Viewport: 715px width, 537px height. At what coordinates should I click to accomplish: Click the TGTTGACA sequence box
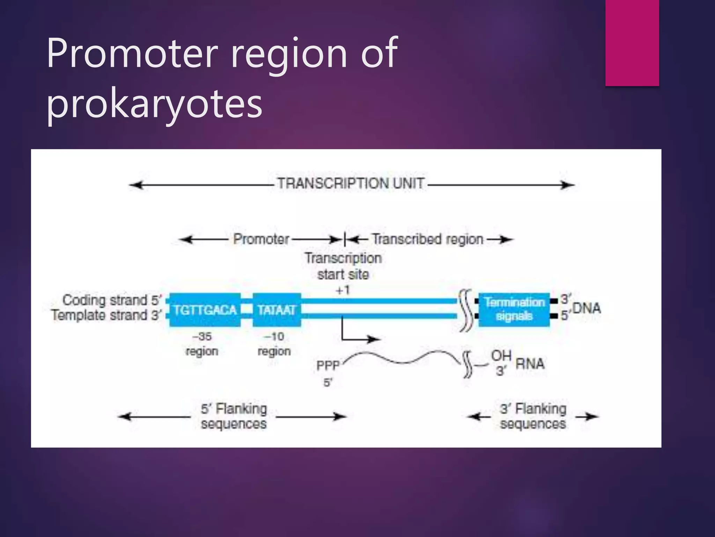(x=205, y=310)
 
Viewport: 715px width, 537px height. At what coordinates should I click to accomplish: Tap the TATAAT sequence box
(x=277, y=310)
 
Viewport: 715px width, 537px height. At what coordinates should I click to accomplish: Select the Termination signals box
(x=514, y=309)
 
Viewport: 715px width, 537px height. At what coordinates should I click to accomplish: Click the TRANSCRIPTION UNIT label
(x=351, y=184)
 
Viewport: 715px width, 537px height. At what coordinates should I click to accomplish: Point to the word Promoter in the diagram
(x=261, y=239)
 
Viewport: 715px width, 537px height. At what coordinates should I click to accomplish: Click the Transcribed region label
(x=428, y=239)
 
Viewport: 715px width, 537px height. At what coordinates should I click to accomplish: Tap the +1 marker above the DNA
(x=342, y=290)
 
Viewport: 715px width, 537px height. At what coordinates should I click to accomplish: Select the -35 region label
(x=202, y=344)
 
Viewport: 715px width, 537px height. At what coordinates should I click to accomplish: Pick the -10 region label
(x=274, y=344)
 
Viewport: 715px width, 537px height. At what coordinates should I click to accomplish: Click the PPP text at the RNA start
(x=328, y=366)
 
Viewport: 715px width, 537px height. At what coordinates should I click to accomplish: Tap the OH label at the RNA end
(x=501, y=356)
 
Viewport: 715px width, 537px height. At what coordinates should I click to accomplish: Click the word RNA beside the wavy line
(x=530, y=364)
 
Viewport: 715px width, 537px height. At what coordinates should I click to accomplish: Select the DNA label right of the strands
(x=587, y=308)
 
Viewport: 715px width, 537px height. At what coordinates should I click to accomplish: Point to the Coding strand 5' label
(x=112, y=300)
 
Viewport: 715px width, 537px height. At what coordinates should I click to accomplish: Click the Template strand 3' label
(x=106, y=315)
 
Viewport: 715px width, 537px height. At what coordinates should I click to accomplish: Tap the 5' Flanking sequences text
(x=234, y=416)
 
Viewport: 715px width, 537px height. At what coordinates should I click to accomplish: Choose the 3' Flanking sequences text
(x=533, y=416)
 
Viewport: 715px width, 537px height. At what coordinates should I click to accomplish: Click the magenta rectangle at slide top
(x=632, y=43)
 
